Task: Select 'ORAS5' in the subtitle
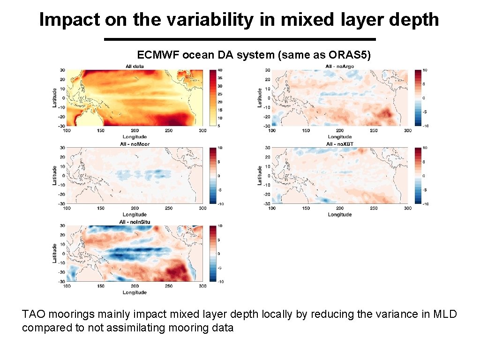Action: pos(355,55)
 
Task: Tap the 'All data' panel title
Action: pos(135,66)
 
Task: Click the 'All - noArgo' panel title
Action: pos(340,66)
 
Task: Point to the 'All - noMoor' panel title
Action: pos(135,144)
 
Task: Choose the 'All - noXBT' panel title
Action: pos(340,143)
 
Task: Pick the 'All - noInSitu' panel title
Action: pos(135,222)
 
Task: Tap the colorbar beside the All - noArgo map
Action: pos(418,98)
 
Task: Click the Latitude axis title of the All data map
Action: pos(54,97)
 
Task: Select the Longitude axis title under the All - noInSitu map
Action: pos(135,292)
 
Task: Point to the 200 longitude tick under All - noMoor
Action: pos(135,208)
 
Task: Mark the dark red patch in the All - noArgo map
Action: pos(385,113)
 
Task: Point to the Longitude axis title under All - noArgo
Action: pos(340,137)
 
